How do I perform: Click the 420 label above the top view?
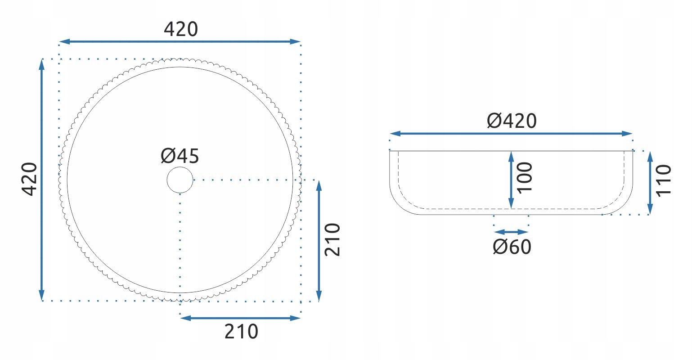pyautogui.click(x=181, y=29)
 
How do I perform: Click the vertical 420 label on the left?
pyautogui.click(x=30, y=179)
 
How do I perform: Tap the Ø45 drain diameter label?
pyautogui.click(x=180, y=156)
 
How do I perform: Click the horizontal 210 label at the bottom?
pyautogui.click(x=241, y=332)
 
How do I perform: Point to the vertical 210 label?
pyautogui.click(x=333, y=240)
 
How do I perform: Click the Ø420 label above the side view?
pyautogui.click(x=512, y=121)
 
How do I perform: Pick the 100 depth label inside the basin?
pyautogui.click(x=525, y=178)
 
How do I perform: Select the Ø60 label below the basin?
pyautogui.click(x=512, y=247)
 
